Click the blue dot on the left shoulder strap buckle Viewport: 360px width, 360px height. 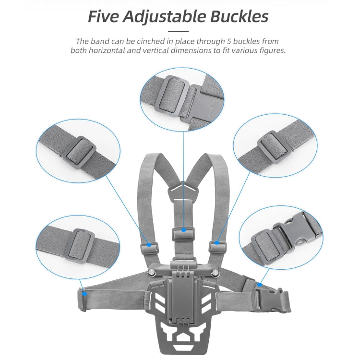(149, 245)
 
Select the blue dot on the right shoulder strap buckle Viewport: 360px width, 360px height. (217, 243)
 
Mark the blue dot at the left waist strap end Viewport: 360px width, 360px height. (84, 291)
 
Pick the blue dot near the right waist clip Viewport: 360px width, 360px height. (260, 285)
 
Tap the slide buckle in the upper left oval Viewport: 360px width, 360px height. (77, 151)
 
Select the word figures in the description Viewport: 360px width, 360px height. (271, 50)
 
